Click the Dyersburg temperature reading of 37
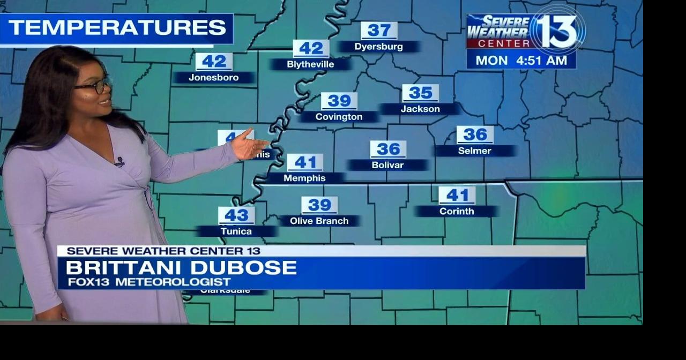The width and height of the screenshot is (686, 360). pyautogui.click(x=379, y=31)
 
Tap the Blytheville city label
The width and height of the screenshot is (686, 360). pyautogui.click(x=310, y=64)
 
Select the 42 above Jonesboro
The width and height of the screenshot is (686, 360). pyautogui.click(x=214, y=62)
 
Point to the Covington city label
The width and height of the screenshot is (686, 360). pyautogui.click(x=339, y=117)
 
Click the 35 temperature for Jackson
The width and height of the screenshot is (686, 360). pyautogui.click(x=420, y=93)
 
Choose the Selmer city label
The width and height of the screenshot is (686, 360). pyautogui.click(x=474, y=151)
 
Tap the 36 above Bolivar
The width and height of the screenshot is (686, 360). pyautogui.click(x=388, y=149)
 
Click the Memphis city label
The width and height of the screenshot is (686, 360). pyautogui.click(x=304, y=178)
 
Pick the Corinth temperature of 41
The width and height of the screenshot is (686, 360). pyautogui.click(x=457, y=195)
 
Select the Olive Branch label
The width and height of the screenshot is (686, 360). pyautogui.click(x=319, y=221)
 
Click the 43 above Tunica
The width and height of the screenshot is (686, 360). pyautogui.click(x=236, y=215)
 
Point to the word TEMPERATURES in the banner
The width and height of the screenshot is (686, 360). pyautogui.click(x=117, y=28)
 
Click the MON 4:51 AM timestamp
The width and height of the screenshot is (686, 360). pyautogui.click(x=521, y=61)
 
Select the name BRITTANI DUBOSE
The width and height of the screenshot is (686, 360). pyautogui.click(x=181, y=267)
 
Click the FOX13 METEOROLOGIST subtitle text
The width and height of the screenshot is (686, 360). pyautogui.click(x=149, y=282)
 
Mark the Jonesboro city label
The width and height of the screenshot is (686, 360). pyautogui.click(x=213, y=78)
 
